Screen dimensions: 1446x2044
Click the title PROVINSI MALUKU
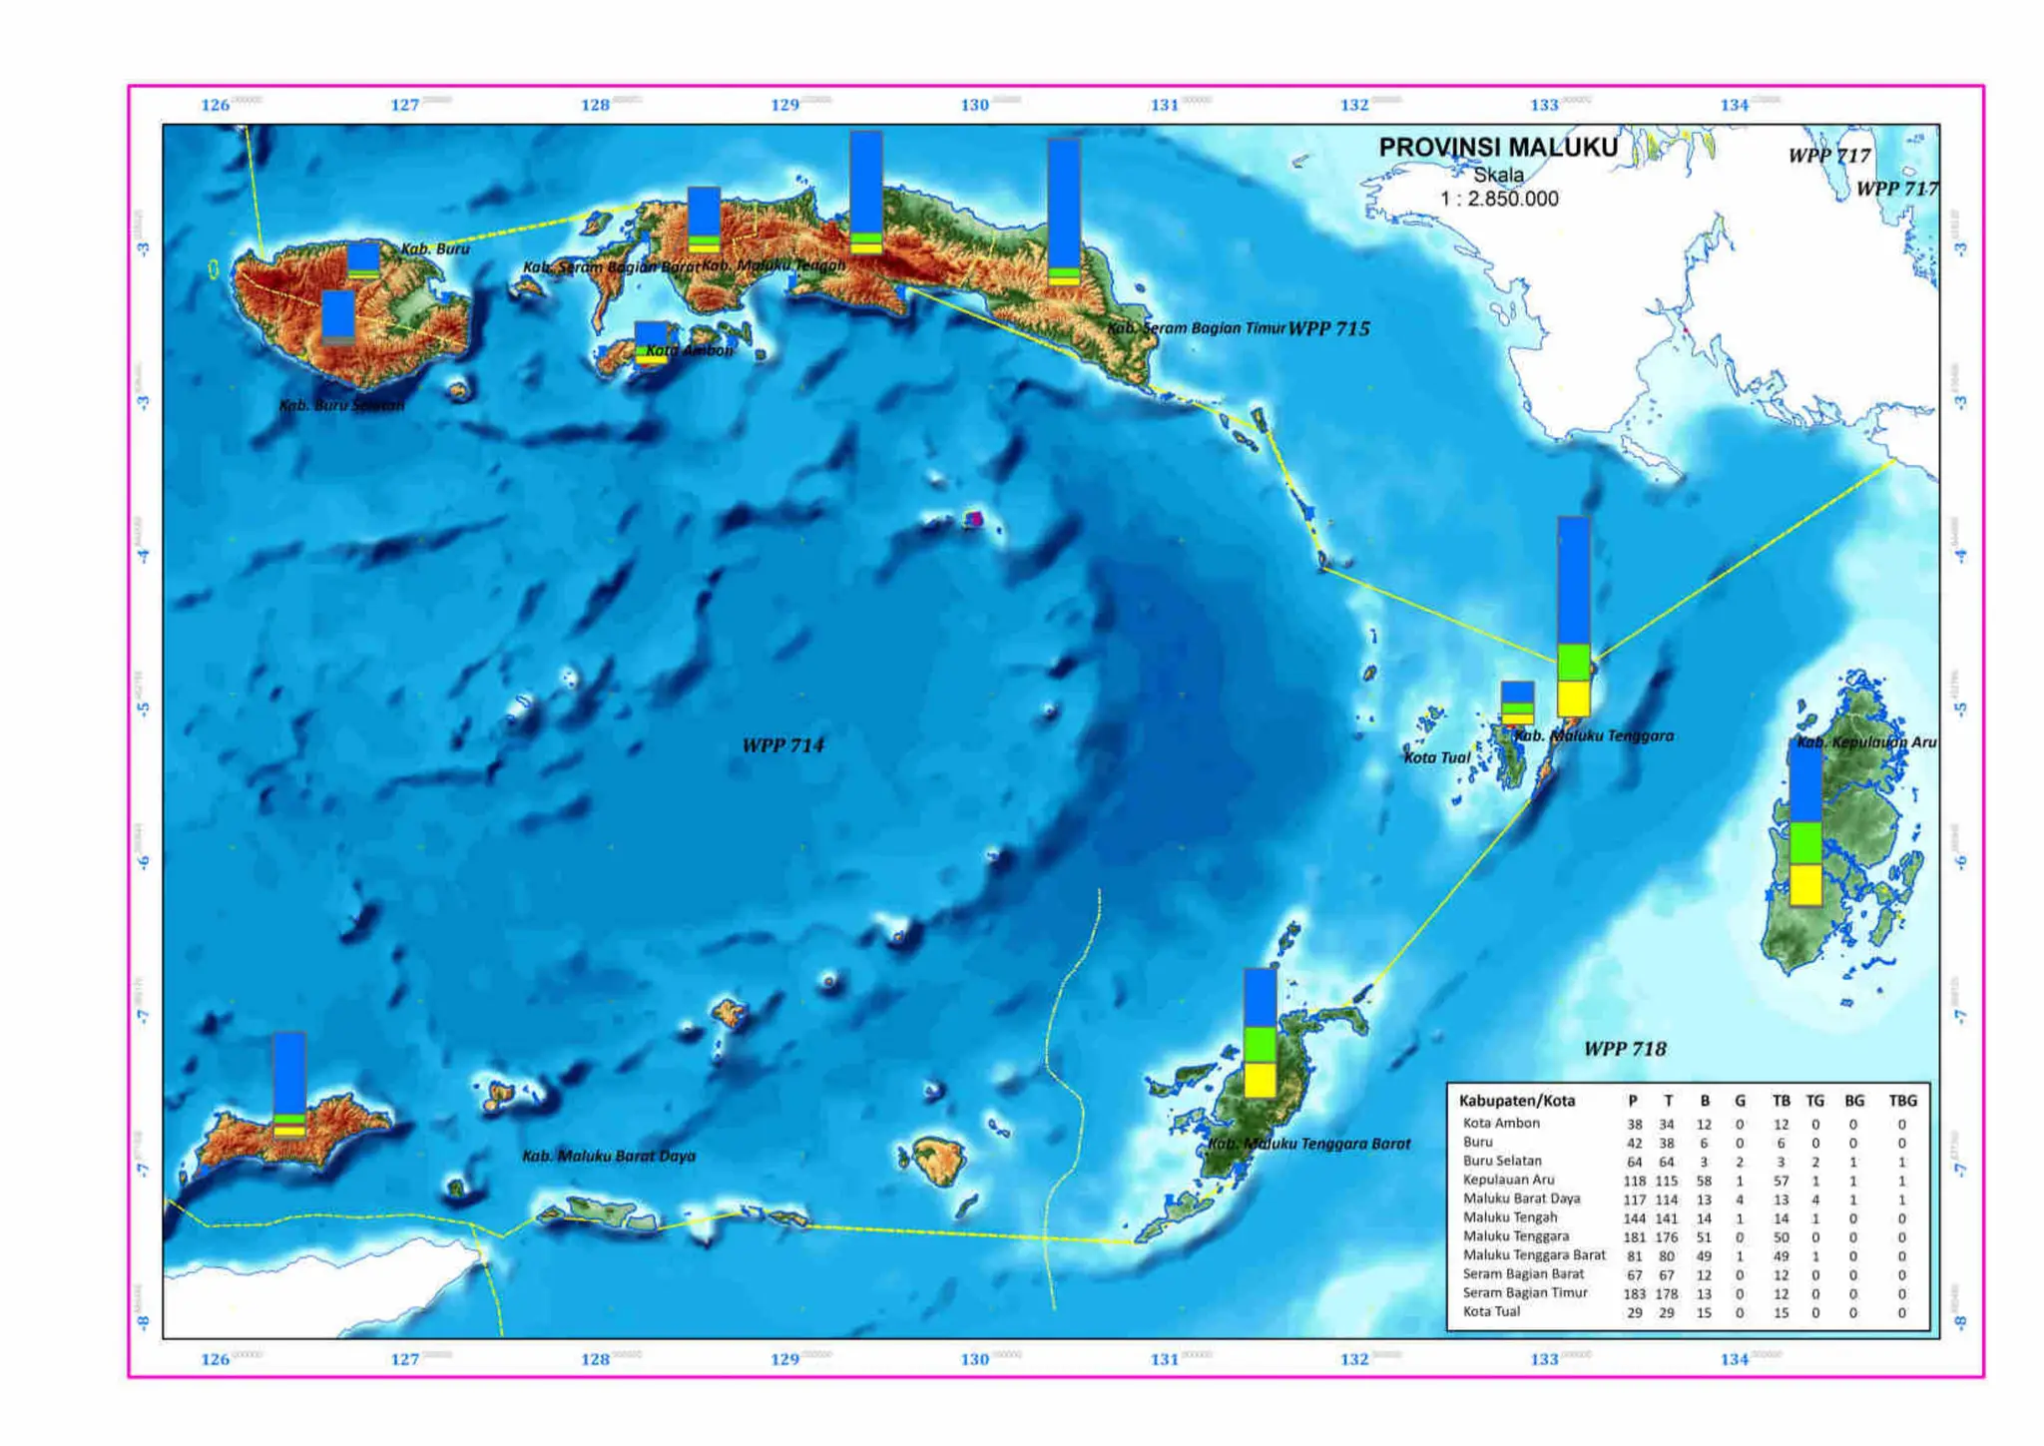click(x=1497, y=148)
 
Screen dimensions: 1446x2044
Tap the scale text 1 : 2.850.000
click(x=1498, y=199)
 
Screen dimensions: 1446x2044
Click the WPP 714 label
click(x=782, y=745)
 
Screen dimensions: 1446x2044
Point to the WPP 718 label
click(x=1625, y=1049)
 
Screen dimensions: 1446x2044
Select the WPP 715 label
click(x=1328, y=328)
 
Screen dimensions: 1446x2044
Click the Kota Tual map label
click(x=1437, y=757)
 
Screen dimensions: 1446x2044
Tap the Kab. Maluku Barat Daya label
click(x=609, y=1156)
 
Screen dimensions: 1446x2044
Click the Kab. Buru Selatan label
click(x=341, y=405)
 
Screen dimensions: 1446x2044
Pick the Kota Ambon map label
click(x=689, y=350)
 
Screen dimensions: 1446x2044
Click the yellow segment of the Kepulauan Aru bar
click(x=1805, y=884)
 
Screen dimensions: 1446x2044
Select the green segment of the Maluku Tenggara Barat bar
click(x=1260, y=1045)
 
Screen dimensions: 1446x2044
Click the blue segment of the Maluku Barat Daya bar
click(x=289, y=1073)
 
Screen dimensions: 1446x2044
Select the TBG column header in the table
click(x=1902, y=1101)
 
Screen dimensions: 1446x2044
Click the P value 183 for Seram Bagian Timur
click(x=1634, y=1293)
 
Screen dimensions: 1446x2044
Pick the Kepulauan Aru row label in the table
click(x=1508, y=1180)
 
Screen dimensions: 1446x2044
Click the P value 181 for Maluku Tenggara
click(x=1634, y=1236)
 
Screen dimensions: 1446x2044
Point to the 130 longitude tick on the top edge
click(x=974, y=105)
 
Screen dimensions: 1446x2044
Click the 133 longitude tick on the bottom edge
click(x=1544, y=1359)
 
